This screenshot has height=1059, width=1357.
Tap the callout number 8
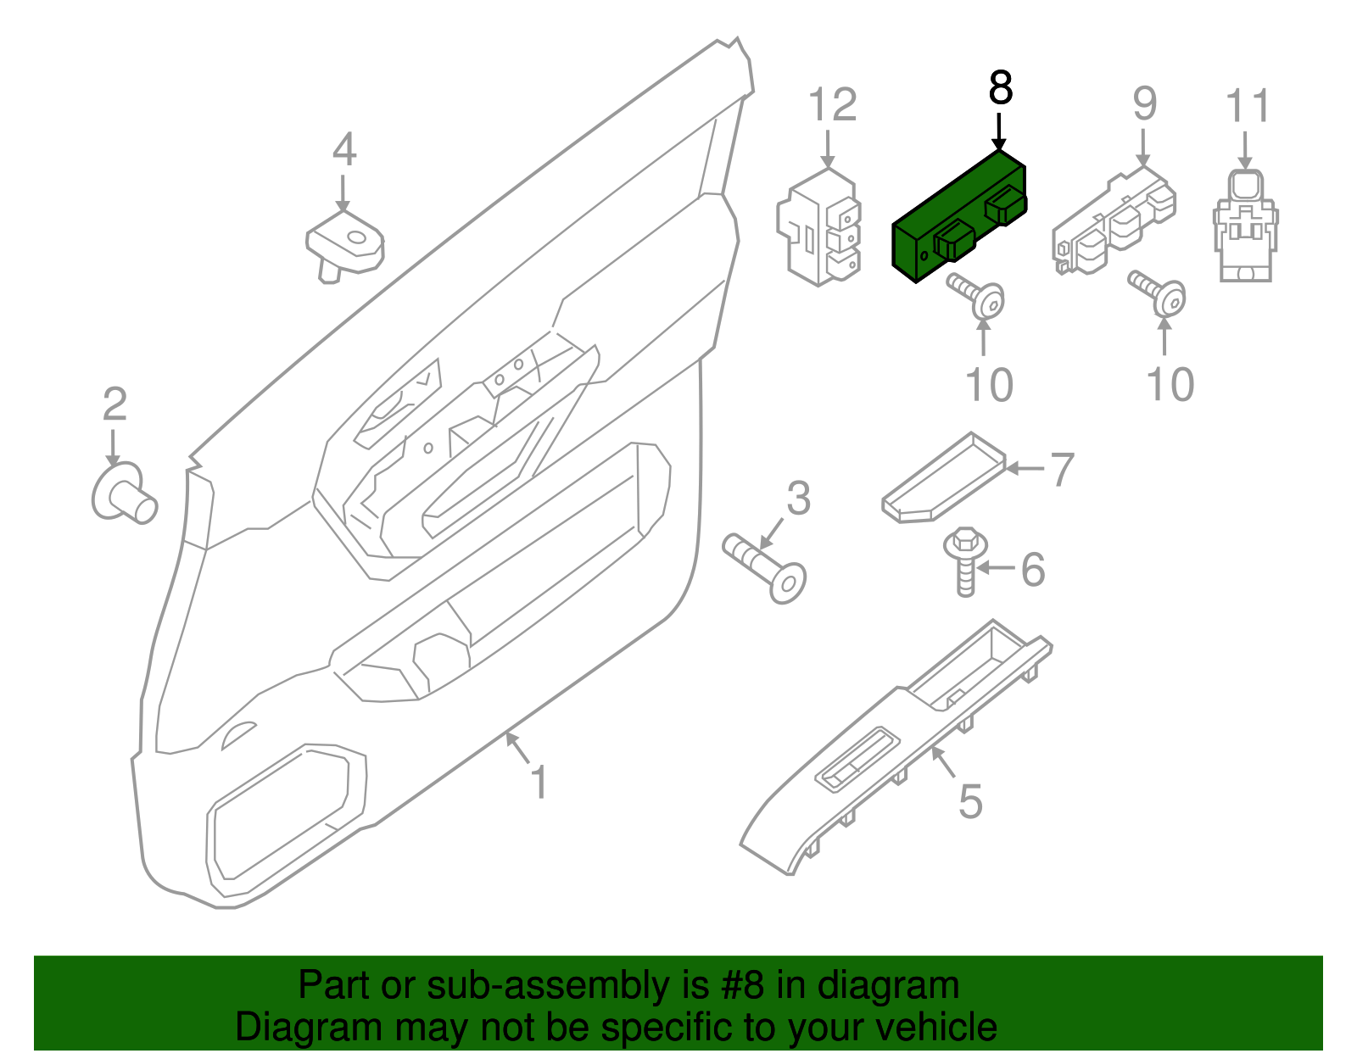point(1001,88)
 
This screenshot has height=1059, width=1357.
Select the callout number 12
point(832,106)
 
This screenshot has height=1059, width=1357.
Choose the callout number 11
point(1248,107)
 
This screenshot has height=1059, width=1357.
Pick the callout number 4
point(343,150)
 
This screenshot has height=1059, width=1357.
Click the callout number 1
point(539,782)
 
